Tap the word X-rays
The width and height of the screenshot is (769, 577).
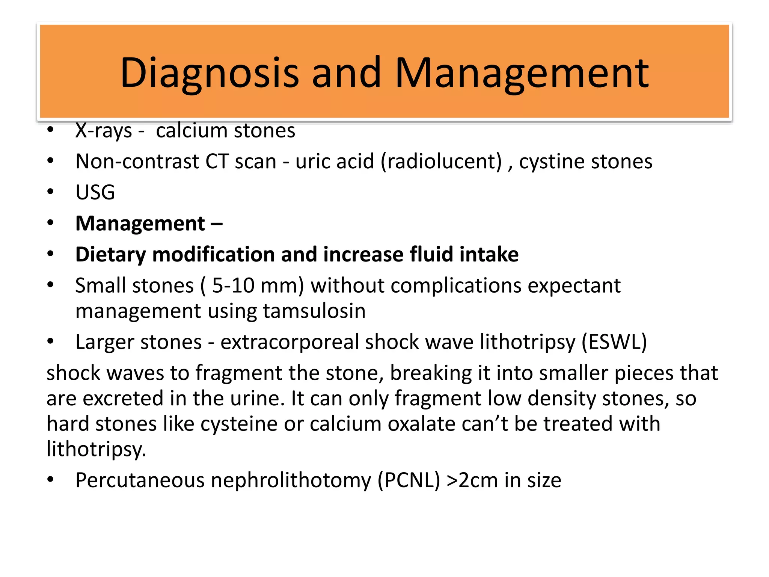104,131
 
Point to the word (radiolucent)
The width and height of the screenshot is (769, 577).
441,162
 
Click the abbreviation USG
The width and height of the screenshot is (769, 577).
95,192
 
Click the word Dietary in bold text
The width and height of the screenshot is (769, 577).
110,255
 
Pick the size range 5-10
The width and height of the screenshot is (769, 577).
233,285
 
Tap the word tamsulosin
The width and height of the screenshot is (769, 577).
314,311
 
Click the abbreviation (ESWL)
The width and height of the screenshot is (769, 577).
614,342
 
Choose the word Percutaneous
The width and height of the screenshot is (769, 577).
140,480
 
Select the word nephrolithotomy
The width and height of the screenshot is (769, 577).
291,480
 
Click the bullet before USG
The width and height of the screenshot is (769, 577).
51,192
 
